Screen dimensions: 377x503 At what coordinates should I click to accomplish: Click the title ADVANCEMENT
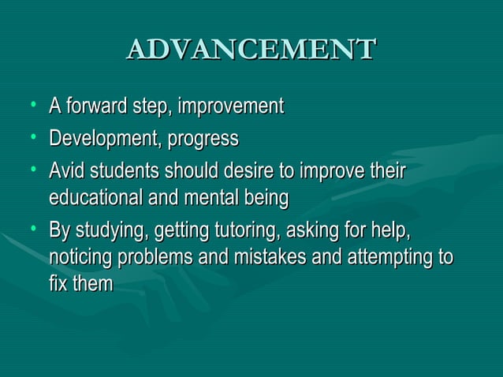click(x=251, y=49)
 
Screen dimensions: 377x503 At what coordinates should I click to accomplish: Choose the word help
click(x=393, y=232)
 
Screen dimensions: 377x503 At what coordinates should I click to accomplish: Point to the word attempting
click(x=397, y=257)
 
